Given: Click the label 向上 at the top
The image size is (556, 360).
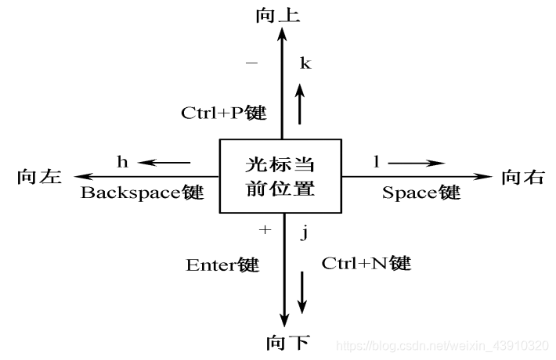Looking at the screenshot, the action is pos(278,15).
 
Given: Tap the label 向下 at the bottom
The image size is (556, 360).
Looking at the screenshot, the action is pos(287,342).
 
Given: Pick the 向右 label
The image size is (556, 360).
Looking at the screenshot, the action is pos(522,177).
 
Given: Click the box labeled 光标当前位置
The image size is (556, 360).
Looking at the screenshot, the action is pos(280,176).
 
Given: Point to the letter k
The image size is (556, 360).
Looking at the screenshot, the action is pos(305,63).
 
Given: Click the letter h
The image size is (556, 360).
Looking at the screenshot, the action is pos(122,162).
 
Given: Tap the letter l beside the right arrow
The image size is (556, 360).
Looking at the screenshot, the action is pos(376,162).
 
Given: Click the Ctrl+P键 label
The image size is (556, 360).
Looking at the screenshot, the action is pos(223,113).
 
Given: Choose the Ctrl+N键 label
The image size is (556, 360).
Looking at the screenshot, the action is pos(366,263).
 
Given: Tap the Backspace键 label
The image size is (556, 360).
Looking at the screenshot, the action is pos(142,193).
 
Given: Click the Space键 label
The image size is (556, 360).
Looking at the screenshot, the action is pos(421,193).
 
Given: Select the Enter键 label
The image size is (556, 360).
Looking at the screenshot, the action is pos(222,265).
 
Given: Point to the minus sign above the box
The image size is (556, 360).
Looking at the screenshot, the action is pos(251,63).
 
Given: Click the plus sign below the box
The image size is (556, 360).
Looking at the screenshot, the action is pos(264,230).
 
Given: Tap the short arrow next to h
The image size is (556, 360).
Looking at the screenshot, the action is pos(165,163).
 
